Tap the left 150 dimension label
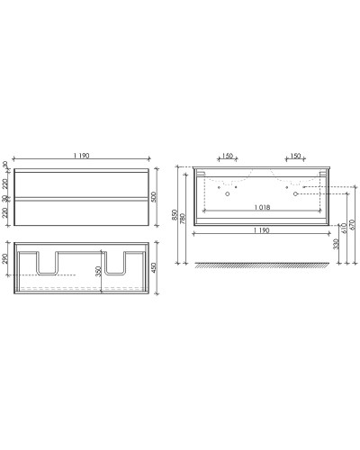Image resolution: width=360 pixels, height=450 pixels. pyautogui.click(x=226, y=157)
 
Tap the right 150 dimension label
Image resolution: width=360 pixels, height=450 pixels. pyautogui.click(x=292, y=157)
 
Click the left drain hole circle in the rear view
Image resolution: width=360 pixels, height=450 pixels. pyautogui.click(x=228, y=193)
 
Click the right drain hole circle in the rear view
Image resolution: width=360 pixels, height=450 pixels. pyautogui.click(x=294, y=193)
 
